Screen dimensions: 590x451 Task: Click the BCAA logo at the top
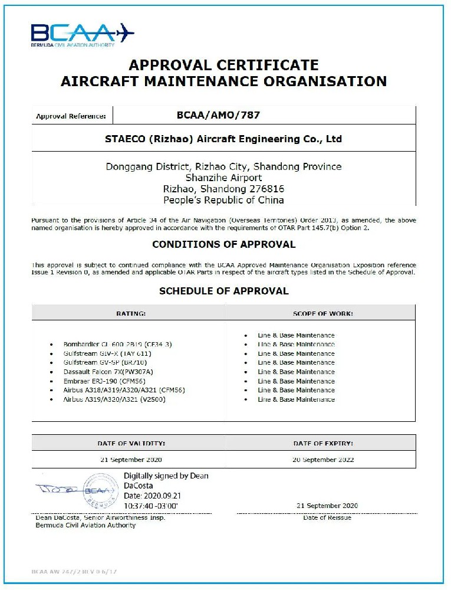82,34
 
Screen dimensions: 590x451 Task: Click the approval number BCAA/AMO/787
218,115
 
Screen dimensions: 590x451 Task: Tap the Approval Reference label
71,116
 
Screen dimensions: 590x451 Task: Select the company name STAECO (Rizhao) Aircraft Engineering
223,139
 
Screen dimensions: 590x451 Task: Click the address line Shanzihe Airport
223,178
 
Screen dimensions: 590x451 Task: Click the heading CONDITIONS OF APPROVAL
223,244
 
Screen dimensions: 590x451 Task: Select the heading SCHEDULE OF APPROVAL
223,291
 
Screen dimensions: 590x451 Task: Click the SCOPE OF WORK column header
322,313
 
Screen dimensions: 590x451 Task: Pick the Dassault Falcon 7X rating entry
108,372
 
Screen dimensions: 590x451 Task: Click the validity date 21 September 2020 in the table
131,459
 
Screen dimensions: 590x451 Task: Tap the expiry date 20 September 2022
322,459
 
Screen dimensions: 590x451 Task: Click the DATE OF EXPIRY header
322,442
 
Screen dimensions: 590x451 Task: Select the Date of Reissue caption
327,517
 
